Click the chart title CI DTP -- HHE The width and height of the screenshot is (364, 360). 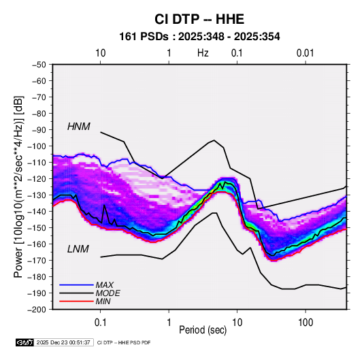(x=199, y=19)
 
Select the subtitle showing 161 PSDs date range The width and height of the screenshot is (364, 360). (x=199, y=37)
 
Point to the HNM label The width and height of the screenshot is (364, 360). (x=79, y=127)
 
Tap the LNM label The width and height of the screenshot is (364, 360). (x=78, y=249)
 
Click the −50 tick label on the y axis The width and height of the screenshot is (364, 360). (x=39, y=65)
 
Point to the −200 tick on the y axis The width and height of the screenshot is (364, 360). (x=37, y=310)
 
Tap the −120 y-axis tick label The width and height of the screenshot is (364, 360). (x=37, y=178)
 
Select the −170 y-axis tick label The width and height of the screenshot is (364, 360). (x=37, y=261)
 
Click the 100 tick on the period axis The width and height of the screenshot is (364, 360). (x=305, y=323)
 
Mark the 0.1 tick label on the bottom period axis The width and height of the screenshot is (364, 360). (x=100, y=323)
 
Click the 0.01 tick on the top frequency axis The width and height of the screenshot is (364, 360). (x=305, y=53)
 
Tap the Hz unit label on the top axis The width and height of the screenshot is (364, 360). (x=203, y=53)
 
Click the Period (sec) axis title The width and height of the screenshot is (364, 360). (x=203, y=330)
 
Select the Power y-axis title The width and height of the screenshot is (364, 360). (x=18, y=186)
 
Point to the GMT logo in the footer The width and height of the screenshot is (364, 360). (x=24, y=342)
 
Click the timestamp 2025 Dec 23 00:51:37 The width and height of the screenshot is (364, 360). (x=63, y=342)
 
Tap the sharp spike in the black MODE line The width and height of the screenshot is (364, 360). (x=104, y=206)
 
